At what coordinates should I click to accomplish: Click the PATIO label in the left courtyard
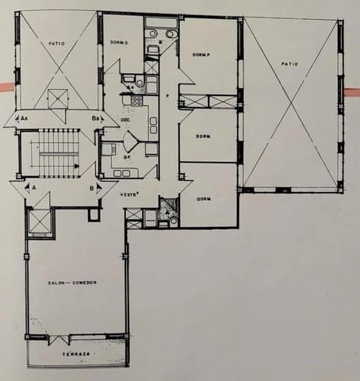56,44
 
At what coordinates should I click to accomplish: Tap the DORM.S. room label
121,42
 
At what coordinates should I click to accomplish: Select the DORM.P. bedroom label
201,55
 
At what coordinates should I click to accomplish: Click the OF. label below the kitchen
127,157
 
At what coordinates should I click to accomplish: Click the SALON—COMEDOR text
72,283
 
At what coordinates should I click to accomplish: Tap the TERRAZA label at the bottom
77,353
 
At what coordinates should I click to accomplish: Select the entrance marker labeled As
25,118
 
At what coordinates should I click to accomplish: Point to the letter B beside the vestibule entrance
92,189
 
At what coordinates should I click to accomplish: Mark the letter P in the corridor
168,94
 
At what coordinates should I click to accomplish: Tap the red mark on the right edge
352,87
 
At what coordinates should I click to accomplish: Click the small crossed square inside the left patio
57,99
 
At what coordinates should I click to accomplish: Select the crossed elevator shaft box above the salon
39,222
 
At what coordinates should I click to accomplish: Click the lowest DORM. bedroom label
204,198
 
